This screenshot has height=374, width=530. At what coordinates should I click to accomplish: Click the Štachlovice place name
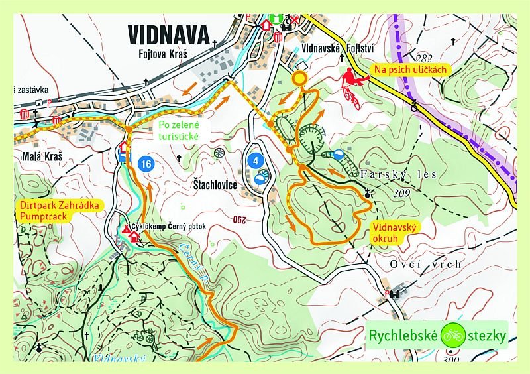click(x=215, y=185)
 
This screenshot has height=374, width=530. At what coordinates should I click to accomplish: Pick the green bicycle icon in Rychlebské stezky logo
click(x=454, y=335)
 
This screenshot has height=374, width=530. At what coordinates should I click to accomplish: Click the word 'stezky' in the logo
click(x=488, y=336)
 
